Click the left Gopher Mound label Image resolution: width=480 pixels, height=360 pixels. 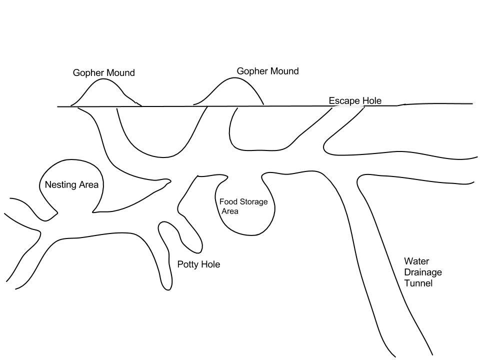pyautogui.click(x=103, y=73)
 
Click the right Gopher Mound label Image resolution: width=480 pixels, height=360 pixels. pyautogui.click(x=267, y=71)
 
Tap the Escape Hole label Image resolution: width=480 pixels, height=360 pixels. pyautogui.click(x=355, y=101)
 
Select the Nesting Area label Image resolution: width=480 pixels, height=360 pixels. pyautogui.click(x=71, y=185)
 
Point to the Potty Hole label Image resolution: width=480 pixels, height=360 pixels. pyautogui.click(x=198, y=264)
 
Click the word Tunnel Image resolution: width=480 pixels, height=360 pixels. pyautogui.click(x=418, y=283)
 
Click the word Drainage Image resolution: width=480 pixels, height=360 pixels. pyautogui.click(x=423, y=272)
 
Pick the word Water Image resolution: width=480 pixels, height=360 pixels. pyautogui.click(x=416, y=261)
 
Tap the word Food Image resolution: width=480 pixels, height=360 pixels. pyautogui.click(x=228, y=202)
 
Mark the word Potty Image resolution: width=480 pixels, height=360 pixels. pyautogui.click(x=188, y=264)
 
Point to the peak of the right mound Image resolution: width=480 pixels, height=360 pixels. pyautogui.click(x=235, y=78)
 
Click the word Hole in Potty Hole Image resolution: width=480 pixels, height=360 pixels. pyautogui.click(x=210, y=264)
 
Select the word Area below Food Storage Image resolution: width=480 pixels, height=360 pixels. pyautogui.click(x=230, y=211)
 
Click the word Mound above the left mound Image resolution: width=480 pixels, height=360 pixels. pyautogui.click(x=120, y=73)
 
